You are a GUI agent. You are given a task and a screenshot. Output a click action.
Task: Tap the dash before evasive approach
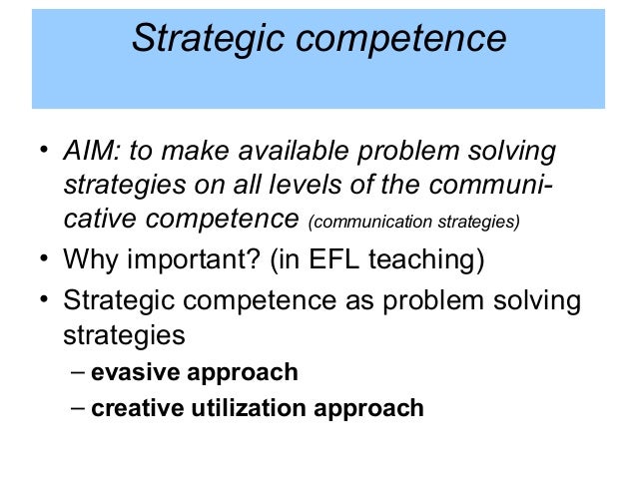coord(79,373)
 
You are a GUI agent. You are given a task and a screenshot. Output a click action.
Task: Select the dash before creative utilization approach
coord(79,407)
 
